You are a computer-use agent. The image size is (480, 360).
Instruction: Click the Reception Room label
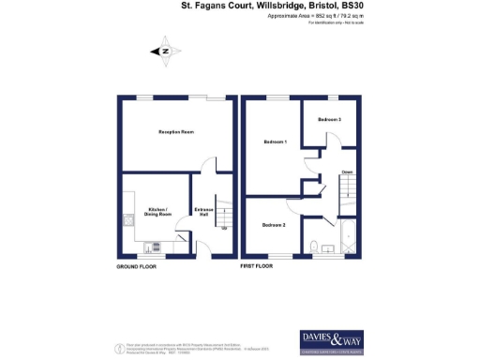coord(175,132)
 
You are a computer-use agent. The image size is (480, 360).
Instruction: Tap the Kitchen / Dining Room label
coord(157,212)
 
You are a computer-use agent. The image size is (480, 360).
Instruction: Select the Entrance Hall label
coord(203,211)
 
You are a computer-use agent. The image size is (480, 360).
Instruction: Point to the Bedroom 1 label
coord(275,142)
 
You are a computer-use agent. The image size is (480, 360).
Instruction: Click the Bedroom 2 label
coord(273,226)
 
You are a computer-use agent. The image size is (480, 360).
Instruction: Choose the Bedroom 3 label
coord(328,120)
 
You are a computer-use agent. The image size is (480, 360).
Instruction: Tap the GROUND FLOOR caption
coord(136,267)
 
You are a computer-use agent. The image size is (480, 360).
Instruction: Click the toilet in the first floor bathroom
coord(319,247)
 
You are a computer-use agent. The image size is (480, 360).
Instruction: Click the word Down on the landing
coord(347,172)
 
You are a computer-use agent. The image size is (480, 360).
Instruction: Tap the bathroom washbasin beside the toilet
coord(332,249)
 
